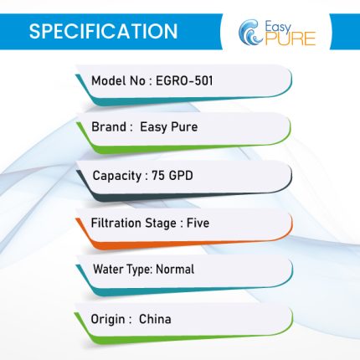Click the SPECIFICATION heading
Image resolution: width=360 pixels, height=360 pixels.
pyautogui.click(x=103, y=31)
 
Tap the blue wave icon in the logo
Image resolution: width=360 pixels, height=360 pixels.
pyautogui.click(x=250, y=33)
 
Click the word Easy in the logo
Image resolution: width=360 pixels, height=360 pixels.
pyautogui.click(x=278, y=28)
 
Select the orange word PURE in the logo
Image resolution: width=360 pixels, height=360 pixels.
pyautogui.click(x=291, y=39)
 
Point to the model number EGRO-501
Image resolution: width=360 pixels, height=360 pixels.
pyautogui.click(x=184, y=81)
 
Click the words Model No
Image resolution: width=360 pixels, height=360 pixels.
pyautogui.click(x=118, y=81)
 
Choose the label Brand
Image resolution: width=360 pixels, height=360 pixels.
pyautogui.click(x=109, y=126)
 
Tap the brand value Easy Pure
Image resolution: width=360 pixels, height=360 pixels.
pyautogui.click(x=169, y=127)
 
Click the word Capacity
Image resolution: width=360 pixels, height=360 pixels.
pyautogui.click(x=117, y=176)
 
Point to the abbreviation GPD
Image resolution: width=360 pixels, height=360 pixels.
pyautogui.click(x=181, y=176)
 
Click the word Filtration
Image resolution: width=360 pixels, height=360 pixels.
pyautogui.click(x=116, y=223)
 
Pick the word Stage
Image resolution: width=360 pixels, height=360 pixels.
pyautogui.click(x=161, y=224)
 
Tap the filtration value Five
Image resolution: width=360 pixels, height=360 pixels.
pyautogui.click(x=198, y=223)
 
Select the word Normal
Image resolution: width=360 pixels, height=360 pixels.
pyautogui.click(x=175, y=270)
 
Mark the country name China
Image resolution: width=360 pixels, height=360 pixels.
pyautogui.click(x=155, y=319)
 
